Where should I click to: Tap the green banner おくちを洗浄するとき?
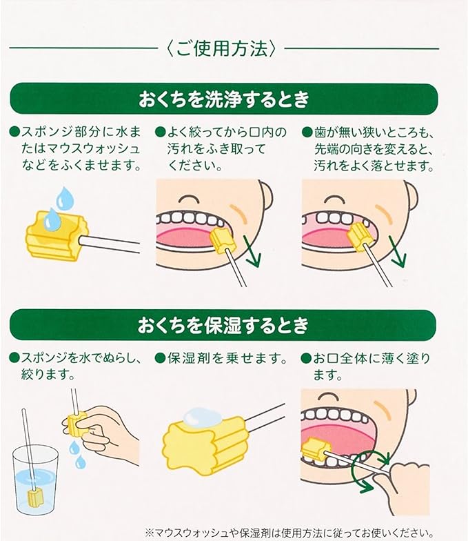[224, 99]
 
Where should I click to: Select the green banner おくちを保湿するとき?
[223, 326]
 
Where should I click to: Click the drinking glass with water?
[34, 480]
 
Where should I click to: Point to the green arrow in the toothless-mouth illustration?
[398, 251]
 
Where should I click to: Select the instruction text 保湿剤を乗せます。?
[227, 359]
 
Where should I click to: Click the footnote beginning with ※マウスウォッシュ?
[289, 532]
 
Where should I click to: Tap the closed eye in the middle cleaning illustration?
[188, 199]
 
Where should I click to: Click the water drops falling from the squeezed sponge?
[76, 454]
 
